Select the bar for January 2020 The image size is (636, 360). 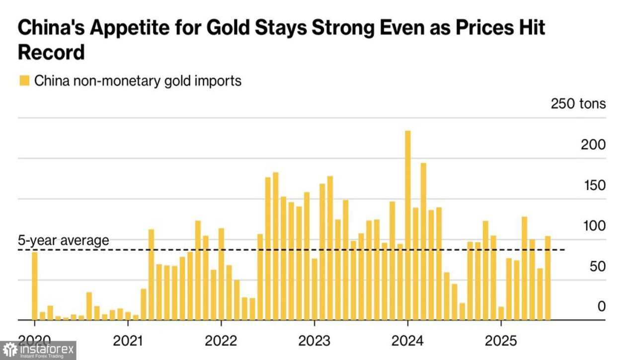[x=35, y=286]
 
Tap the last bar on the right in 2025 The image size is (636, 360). [x=548, y=278]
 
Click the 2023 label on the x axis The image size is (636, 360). [x=314, y=342]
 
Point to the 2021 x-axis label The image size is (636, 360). [x=128, y=342]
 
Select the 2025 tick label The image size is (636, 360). [x=500, y=342]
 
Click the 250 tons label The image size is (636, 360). [x=578, y=104]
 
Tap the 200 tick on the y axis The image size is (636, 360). [x=594, y=144]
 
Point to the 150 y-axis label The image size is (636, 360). [x=594, y=185]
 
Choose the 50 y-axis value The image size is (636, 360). [x=598, y=266]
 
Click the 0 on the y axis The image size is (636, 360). [x=602, y=306]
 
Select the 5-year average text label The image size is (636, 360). [x=64, y=240]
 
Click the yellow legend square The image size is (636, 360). [x=24, y=80]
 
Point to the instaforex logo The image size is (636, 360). [x=38, y=351]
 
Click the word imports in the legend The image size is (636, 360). [x=217, y=80]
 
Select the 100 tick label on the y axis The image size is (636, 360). [x=594, y=226]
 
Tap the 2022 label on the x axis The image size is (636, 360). [x=221, y=342]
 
